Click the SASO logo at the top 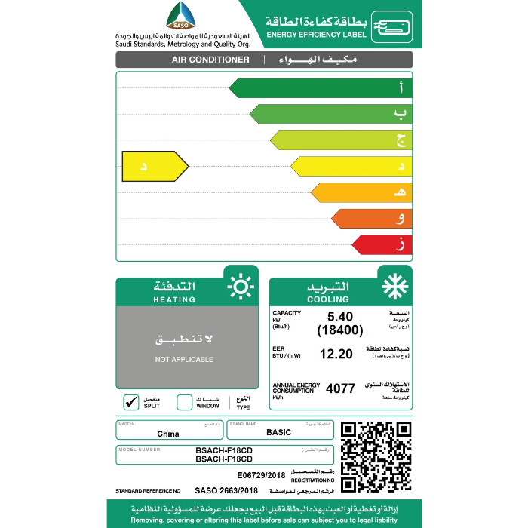180,17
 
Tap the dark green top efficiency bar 320,88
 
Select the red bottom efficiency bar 382,244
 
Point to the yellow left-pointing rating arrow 155,166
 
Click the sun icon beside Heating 241,287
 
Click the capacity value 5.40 339,317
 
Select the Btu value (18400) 340,330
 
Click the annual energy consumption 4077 339,389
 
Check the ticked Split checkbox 130,401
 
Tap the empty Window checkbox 184,401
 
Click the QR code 376,456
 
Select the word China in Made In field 168,434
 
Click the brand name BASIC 279,433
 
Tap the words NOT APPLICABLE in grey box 184,360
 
